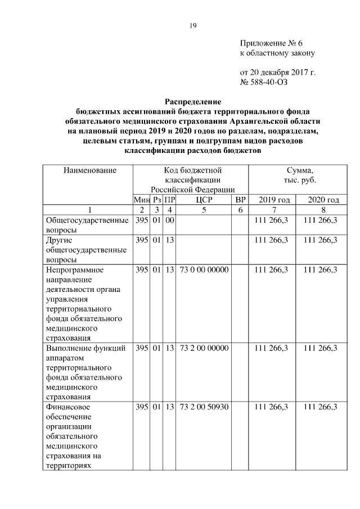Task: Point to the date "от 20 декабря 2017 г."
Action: [x=278, y=73]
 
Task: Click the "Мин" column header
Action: [x=141, y=200]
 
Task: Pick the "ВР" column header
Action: [x=240, y=200]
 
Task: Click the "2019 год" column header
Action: [x=274, y=200]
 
